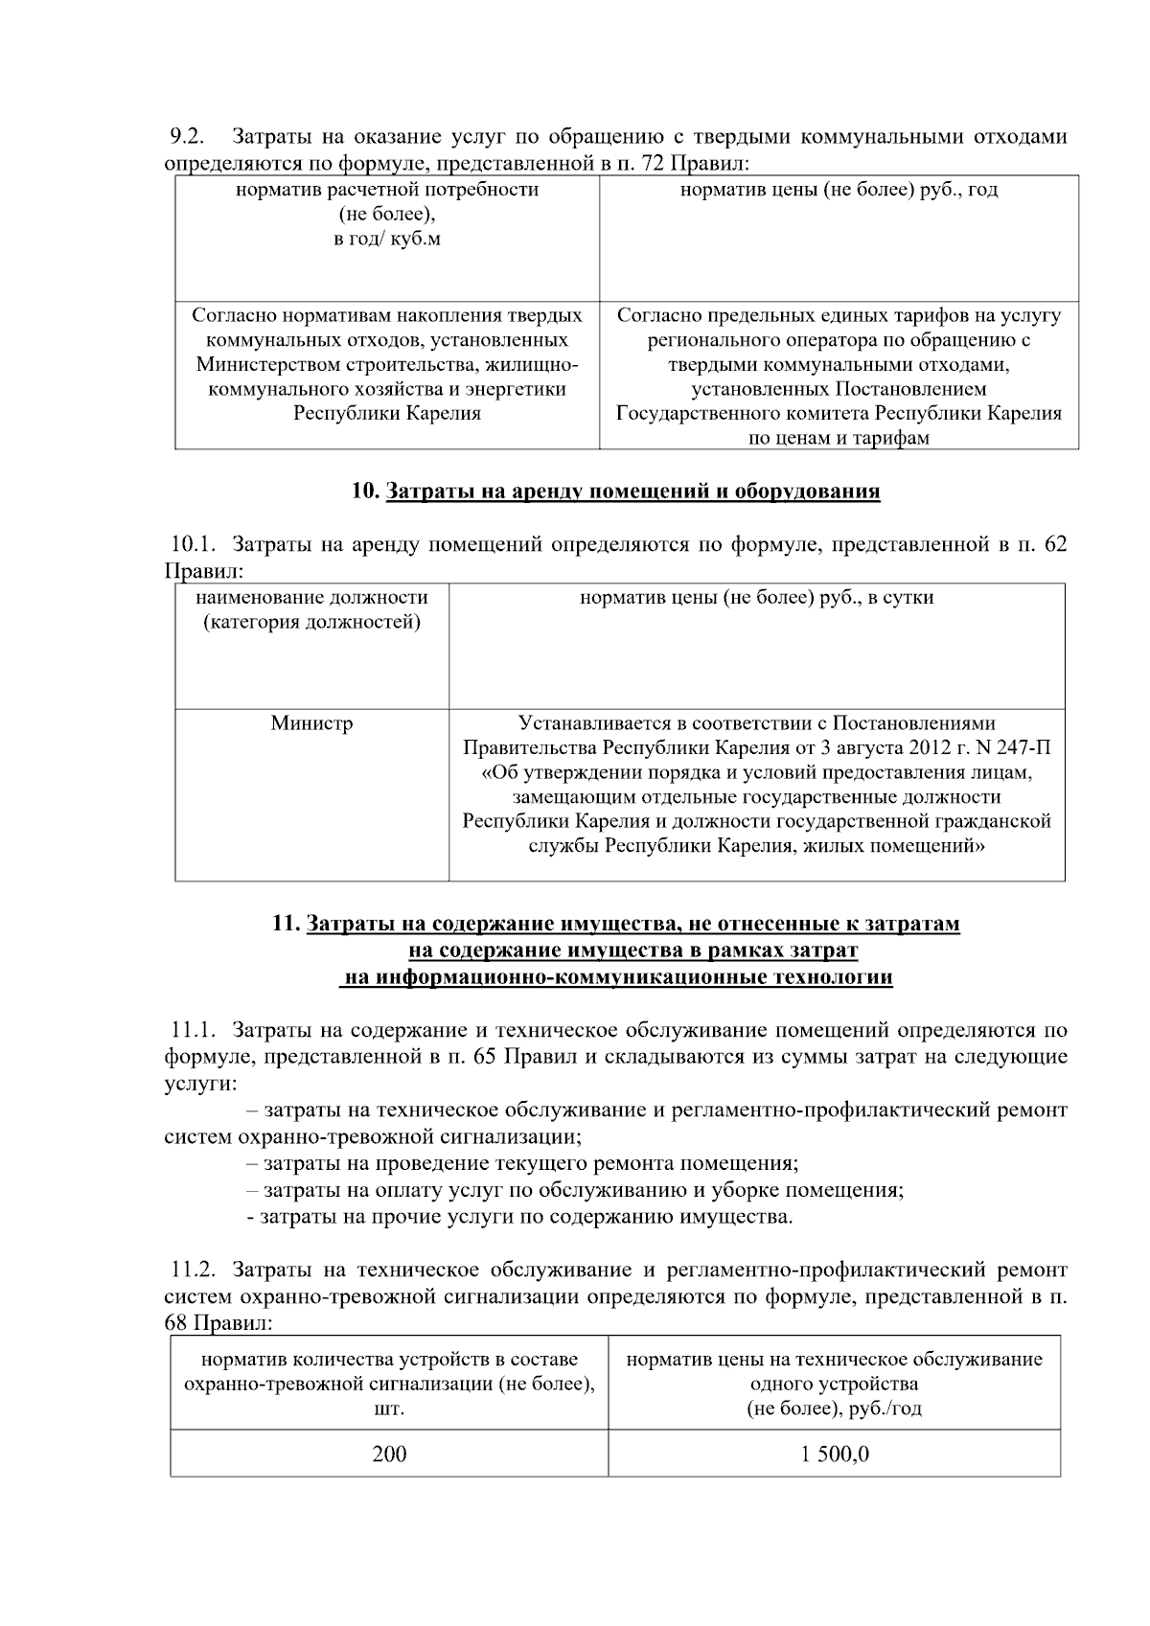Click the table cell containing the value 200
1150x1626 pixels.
pos(389,1454)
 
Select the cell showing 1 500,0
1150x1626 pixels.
pos(835,1454)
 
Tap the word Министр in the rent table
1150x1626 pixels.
pos(311,723)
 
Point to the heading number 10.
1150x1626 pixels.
pos(365,492)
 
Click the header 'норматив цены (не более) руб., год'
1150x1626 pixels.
pos(839,190)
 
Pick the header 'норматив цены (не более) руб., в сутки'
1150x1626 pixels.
pos(756,598)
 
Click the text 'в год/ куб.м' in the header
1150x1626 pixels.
pos(387,240)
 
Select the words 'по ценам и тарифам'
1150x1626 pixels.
pos(839,439)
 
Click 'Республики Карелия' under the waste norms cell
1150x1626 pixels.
pos(387,414)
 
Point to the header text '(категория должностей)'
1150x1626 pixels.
pos(311,623)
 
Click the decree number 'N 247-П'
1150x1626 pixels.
pos(1014,748)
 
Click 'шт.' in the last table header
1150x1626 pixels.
pos(389,1409)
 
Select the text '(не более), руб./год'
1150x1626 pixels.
pos(834,1409)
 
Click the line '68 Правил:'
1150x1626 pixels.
pos(218,1324)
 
